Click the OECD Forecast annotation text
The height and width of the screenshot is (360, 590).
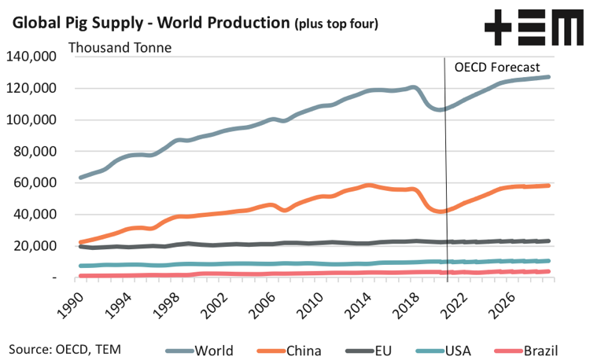tap(496, 67)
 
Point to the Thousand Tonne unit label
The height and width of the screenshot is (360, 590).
tap(120, 46)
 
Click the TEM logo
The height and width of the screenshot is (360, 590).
tap(529, 28)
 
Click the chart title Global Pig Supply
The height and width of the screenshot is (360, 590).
tap(149, 22)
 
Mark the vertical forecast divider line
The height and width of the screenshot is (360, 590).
tap(447, 173)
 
